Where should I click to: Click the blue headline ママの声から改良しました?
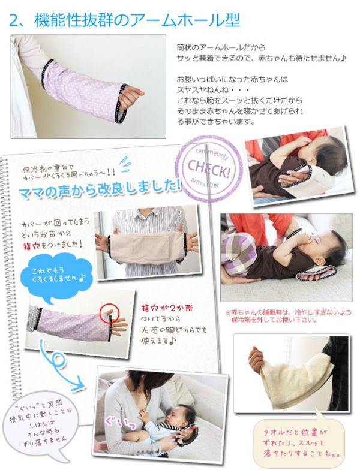(99, 191)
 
